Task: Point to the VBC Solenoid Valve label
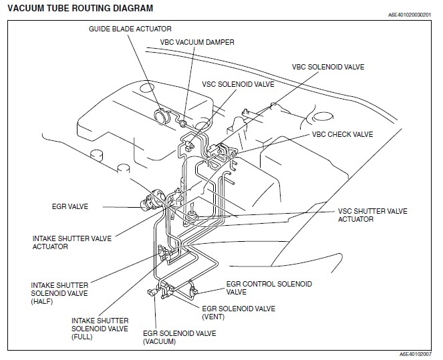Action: pos(328,67)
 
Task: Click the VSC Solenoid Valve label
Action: pos(239,85)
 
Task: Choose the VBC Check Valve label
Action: pos(342,134)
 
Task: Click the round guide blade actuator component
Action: pos(161,116)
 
